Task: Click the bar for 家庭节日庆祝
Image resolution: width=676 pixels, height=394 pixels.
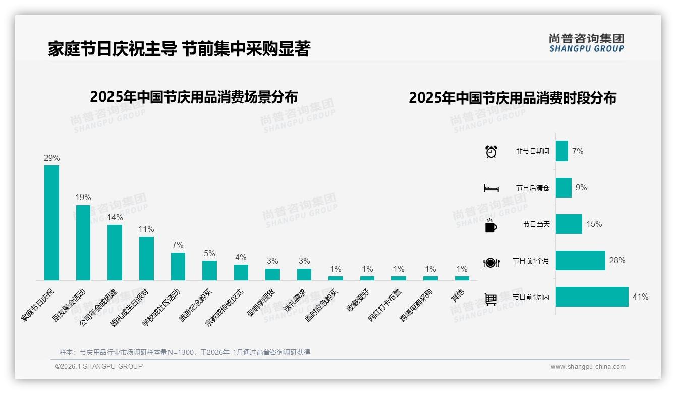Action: click(x=51, y=222)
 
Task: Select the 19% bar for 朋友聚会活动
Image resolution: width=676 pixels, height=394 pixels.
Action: click(x=83, y=242)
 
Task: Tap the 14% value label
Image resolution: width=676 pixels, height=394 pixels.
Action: click(x=115, y=218)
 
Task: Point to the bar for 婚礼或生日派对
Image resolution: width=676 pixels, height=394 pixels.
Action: click(x=146, y=258)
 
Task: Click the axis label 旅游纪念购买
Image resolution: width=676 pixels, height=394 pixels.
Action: click(x=196, y=306)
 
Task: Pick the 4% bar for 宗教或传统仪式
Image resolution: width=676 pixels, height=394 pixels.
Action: click(x=241, y=272)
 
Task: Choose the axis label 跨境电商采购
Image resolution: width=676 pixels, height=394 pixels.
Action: click(x=416, y=306)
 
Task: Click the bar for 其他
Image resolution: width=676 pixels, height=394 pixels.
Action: click(x=462, y=278)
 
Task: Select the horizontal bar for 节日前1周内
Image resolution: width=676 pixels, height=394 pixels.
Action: click(x=592, y=297)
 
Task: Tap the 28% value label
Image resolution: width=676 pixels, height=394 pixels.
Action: click(x=617, y=261)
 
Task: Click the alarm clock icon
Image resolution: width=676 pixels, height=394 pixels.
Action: click(x=491, y=152)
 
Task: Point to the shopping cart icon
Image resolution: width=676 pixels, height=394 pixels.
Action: click(x=491, y=299)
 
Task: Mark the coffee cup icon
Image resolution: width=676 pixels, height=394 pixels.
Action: click(x=491, y=225)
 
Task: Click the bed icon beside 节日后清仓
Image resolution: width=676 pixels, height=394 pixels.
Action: click(x=491, y=188)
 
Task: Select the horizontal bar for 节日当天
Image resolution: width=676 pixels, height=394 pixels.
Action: click(x=569, y=224)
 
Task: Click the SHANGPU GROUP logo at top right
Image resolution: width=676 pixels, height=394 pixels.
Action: click(x=586, y=42)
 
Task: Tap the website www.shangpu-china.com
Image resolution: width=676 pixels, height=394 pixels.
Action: click(x=588, y=367)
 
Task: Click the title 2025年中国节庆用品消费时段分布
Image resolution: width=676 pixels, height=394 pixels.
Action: click(x=513, y=97)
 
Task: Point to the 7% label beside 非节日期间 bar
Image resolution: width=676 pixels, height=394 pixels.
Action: click(x=578, y=151)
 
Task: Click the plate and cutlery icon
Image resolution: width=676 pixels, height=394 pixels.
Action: click(x=491, y=262)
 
